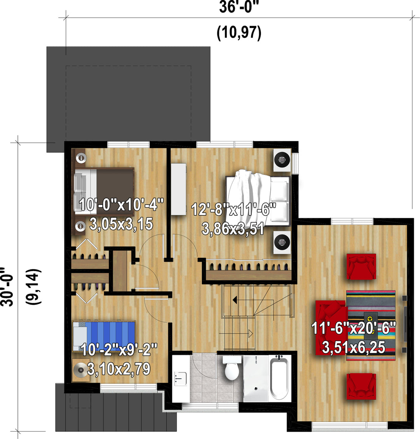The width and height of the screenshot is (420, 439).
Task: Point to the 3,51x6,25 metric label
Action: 353,347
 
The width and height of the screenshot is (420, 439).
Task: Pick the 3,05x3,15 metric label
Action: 121,224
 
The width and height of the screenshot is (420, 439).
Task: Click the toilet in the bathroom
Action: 232,367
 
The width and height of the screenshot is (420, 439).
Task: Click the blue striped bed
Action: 104,336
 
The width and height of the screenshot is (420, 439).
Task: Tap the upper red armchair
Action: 361,266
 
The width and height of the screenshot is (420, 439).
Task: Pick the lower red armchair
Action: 361,387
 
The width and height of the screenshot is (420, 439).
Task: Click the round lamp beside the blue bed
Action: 80,370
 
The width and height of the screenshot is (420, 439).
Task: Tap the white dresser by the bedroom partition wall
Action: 178,189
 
